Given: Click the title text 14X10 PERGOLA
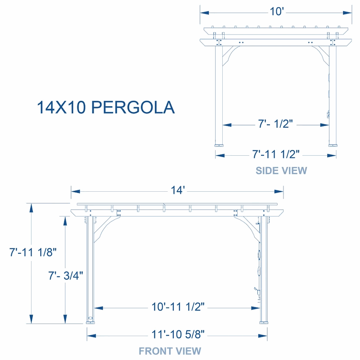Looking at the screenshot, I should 106,108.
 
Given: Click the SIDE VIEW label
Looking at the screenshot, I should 281,171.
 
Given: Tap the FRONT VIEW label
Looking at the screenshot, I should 170,351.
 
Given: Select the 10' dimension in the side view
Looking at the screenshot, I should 276,12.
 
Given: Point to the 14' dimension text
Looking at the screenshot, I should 177,191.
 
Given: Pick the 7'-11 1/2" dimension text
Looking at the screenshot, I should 276,154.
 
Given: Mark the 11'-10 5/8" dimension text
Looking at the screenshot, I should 177,334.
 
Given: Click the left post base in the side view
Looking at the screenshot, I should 220,145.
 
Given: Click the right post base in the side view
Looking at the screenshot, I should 333,145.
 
